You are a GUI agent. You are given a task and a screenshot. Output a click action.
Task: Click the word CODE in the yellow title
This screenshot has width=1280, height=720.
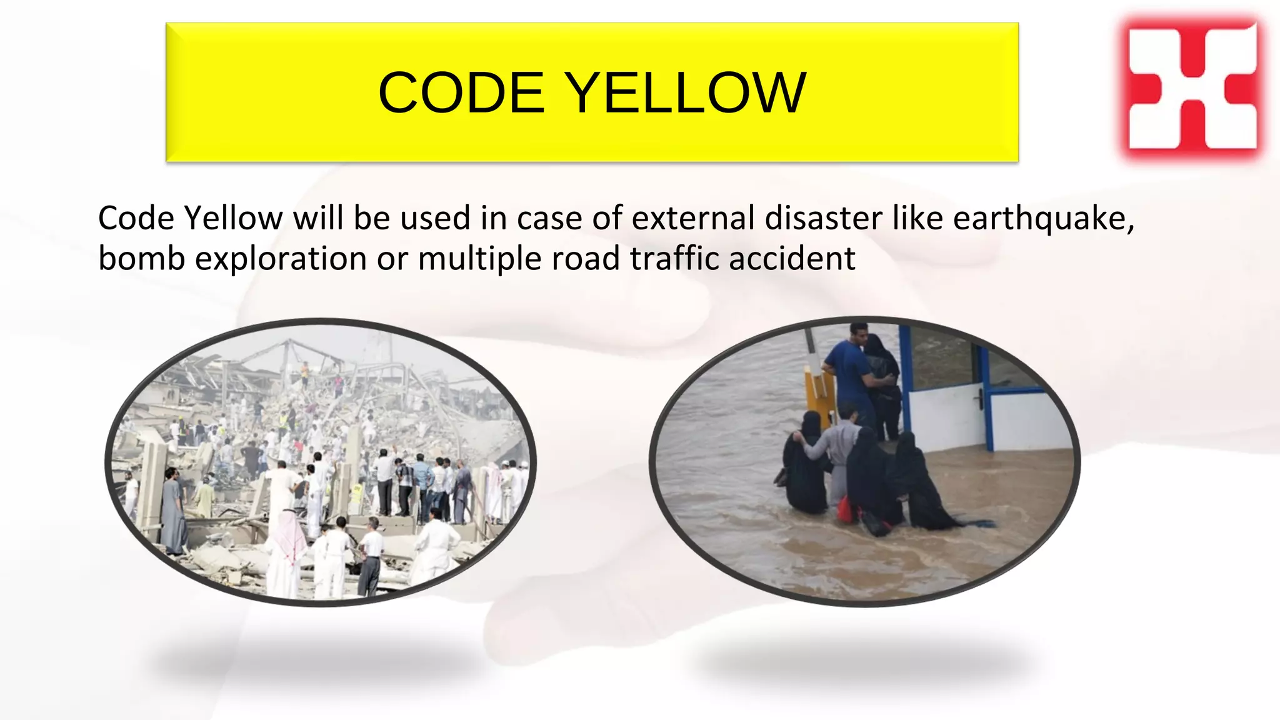click(461, 93)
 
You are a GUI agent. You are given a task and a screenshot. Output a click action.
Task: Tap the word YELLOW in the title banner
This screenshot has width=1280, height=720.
click(687, 93)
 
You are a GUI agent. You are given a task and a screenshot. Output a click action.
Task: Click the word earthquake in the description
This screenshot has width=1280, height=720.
click(1043, 219)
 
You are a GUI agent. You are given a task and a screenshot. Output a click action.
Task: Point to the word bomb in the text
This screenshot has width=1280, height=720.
click(141, 259)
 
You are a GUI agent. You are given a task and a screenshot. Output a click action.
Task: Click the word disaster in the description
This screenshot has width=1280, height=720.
click(823, 219)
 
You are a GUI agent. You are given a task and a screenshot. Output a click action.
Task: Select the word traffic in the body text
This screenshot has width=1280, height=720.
click(674, 259)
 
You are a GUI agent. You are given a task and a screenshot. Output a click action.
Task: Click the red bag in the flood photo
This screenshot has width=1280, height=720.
click(845, 509)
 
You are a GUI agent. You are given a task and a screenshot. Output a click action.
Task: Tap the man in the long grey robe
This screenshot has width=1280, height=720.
click(172, 512)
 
